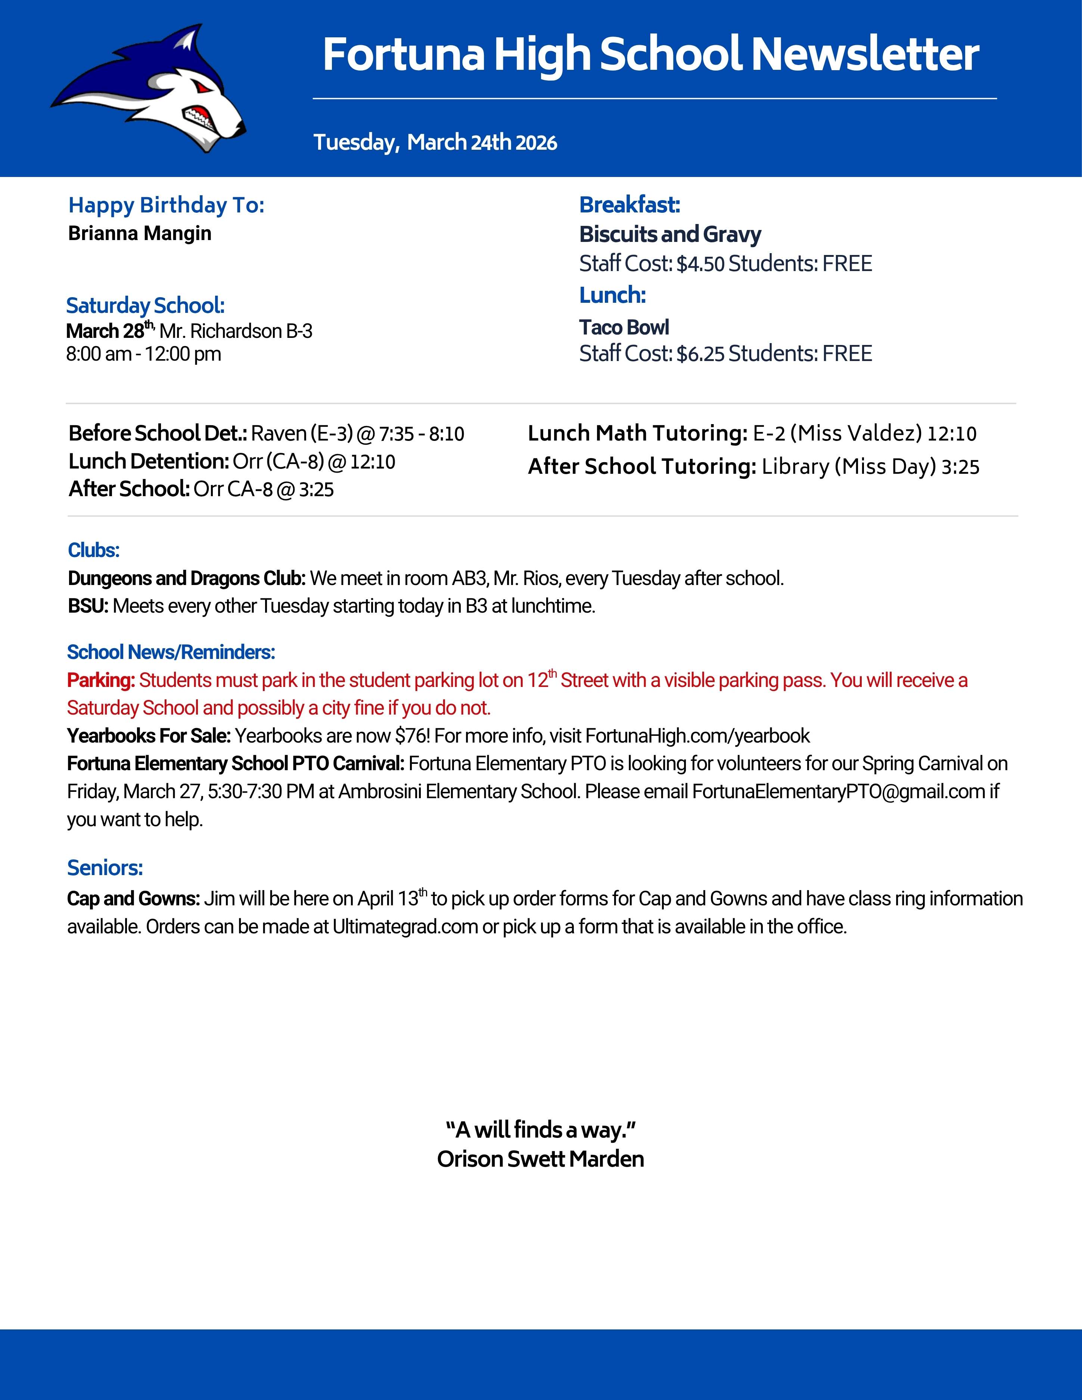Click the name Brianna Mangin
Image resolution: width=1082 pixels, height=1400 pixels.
pos(140,233)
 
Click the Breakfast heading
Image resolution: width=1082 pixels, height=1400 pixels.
pos(629,205)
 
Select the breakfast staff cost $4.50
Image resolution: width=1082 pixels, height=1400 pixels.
pos(700,264)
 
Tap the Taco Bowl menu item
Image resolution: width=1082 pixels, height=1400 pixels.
pos(624,327)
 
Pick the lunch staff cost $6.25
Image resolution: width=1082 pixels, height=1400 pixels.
pos(700,354)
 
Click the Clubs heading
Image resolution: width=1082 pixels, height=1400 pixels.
pos(94,550)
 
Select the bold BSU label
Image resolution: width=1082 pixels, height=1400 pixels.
pos(88,606)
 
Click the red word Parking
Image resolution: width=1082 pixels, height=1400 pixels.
pos(101,680)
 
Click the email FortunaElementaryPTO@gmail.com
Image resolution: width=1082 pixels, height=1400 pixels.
pos(838,792)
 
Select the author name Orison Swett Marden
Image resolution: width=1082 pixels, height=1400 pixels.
pos(540,1159)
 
